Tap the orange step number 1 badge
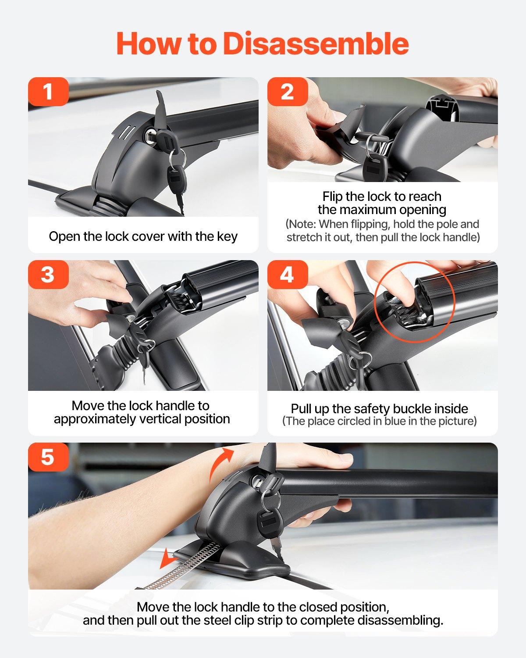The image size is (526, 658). click(48, 92)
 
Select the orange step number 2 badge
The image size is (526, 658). click(287, 92)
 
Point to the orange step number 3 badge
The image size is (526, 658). click(48, 275)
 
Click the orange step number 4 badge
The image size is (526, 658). click(287, 275)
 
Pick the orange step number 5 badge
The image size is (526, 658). click(48, 457)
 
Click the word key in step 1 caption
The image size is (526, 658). click(227, 236)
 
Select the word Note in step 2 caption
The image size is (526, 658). click(302, 224)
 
